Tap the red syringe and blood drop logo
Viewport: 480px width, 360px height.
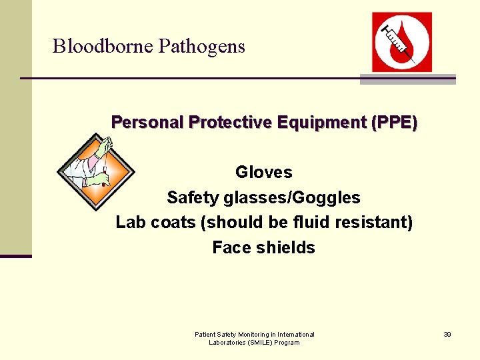401,41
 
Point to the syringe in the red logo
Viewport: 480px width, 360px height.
397,41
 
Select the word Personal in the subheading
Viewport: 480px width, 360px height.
147,123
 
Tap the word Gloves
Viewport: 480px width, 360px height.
264,173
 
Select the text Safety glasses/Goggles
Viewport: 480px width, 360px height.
263,198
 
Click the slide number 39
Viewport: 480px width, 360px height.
447,334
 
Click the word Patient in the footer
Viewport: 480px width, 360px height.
205,334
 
